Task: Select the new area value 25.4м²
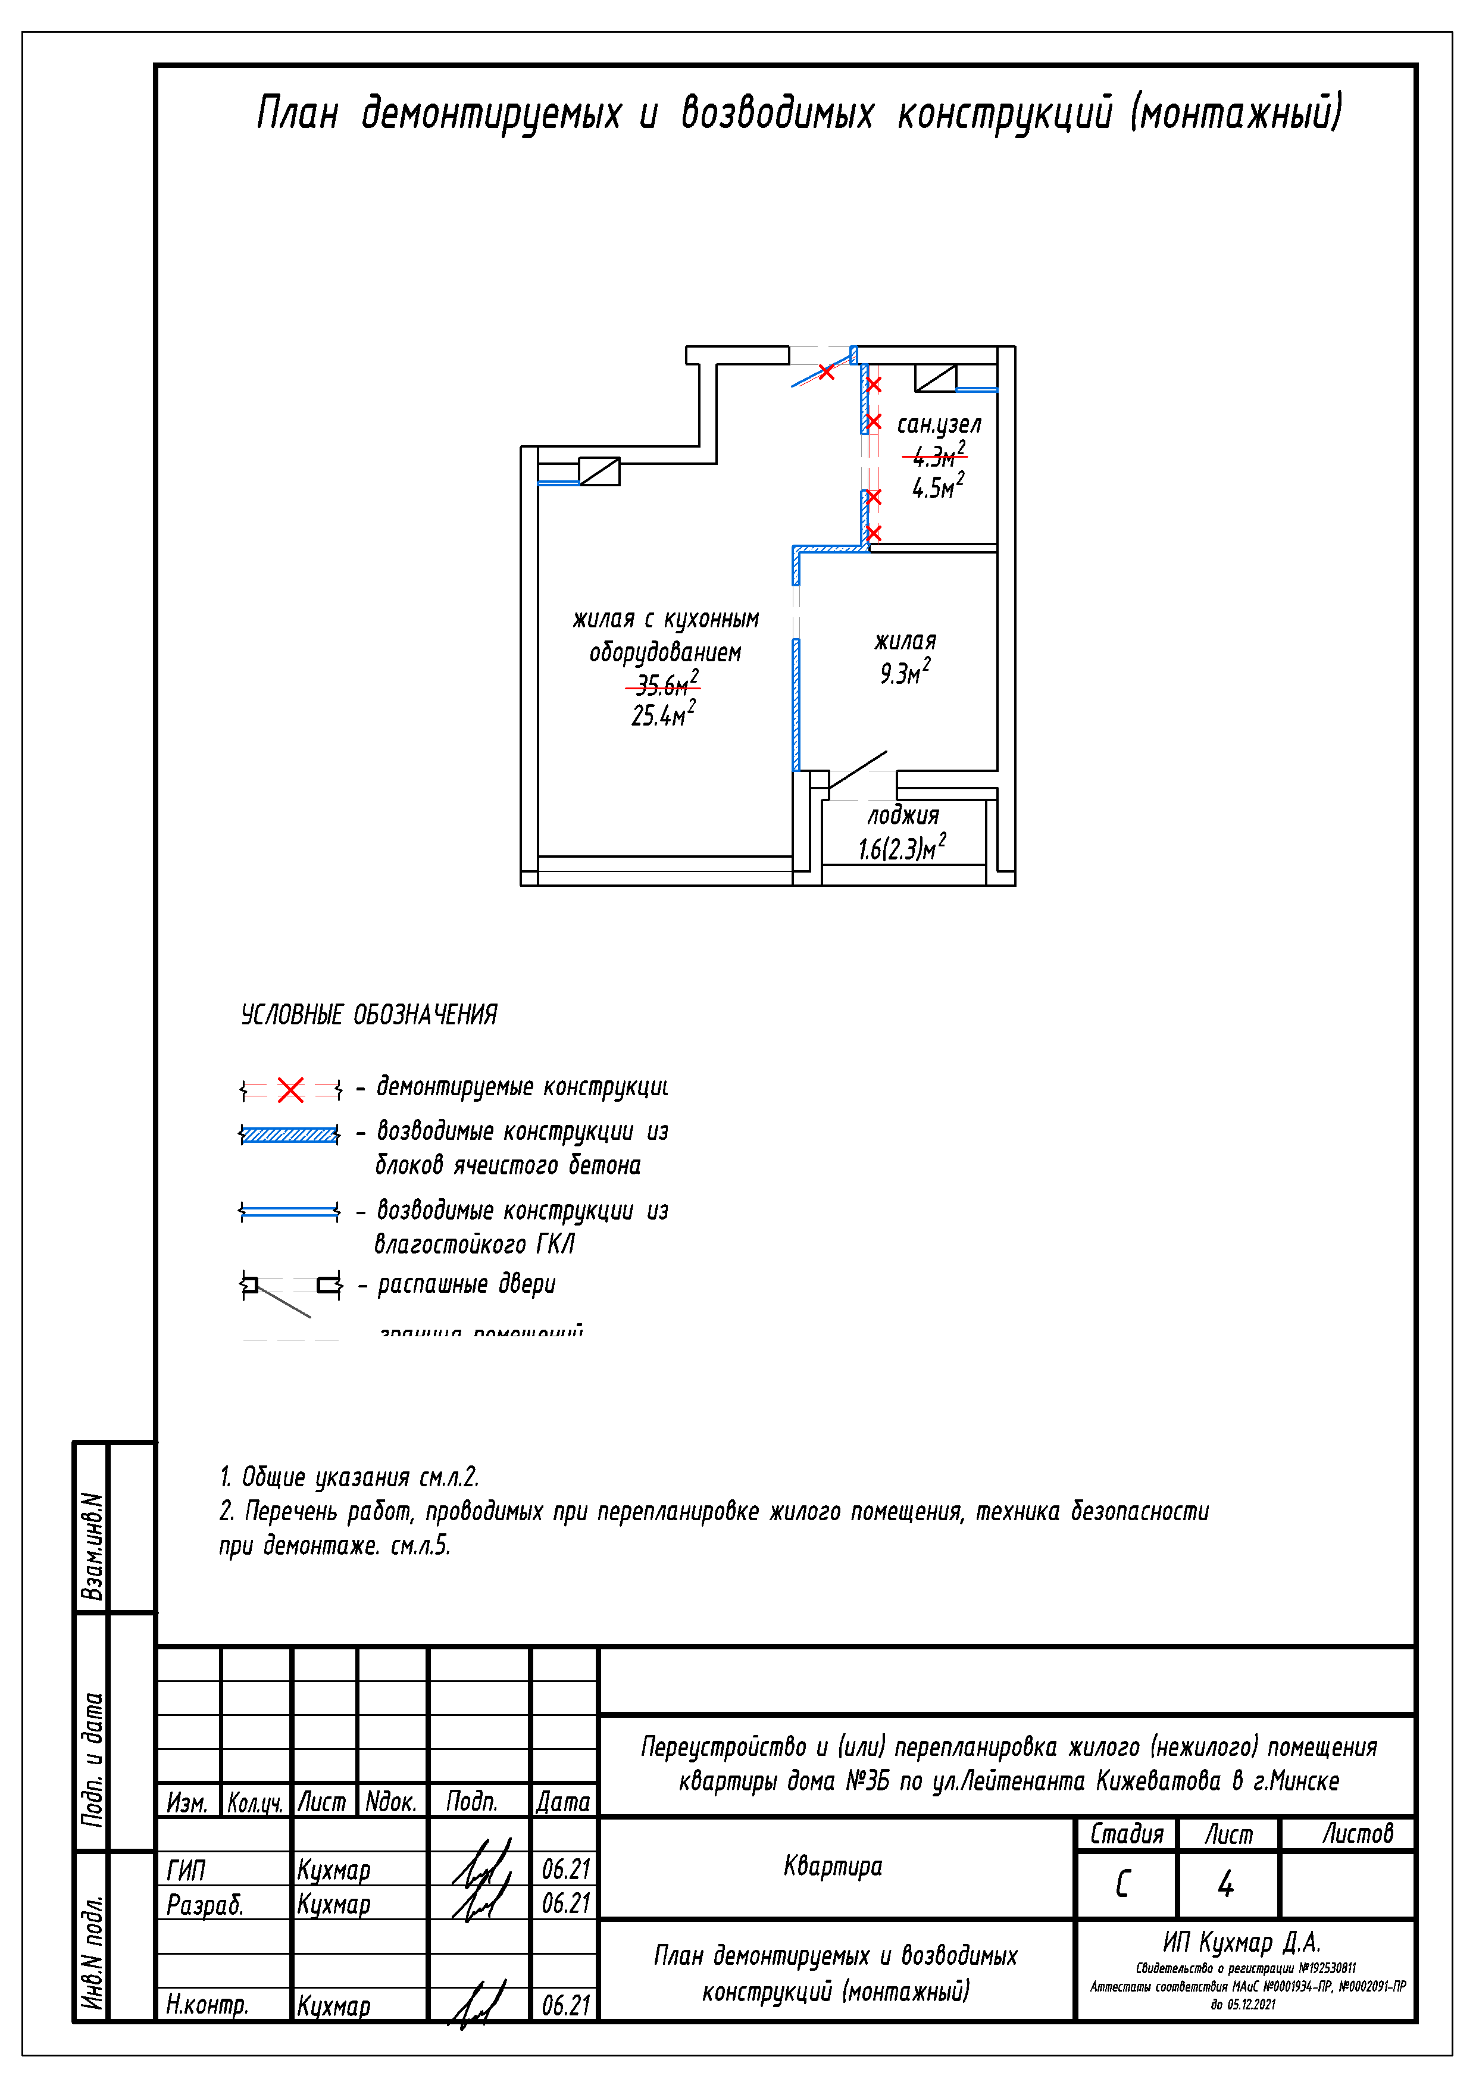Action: (664, 715)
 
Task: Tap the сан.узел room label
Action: (939, 425)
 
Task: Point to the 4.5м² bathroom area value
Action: (937, 487)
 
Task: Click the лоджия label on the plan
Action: (902, 816)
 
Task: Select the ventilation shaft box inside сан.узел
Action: (935, 377)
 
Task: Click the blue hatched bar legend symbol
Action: (289, 1134)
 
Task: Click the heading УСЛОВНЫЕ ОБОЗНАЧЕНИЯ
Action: (368, 1015)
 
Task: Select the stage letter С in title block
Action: (1122, 1883)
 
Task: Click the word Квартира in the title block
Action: (832, 1866)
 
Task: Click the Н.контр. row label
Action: (207, 2004)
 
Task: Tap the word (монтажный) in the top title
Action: (1236, 112)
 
